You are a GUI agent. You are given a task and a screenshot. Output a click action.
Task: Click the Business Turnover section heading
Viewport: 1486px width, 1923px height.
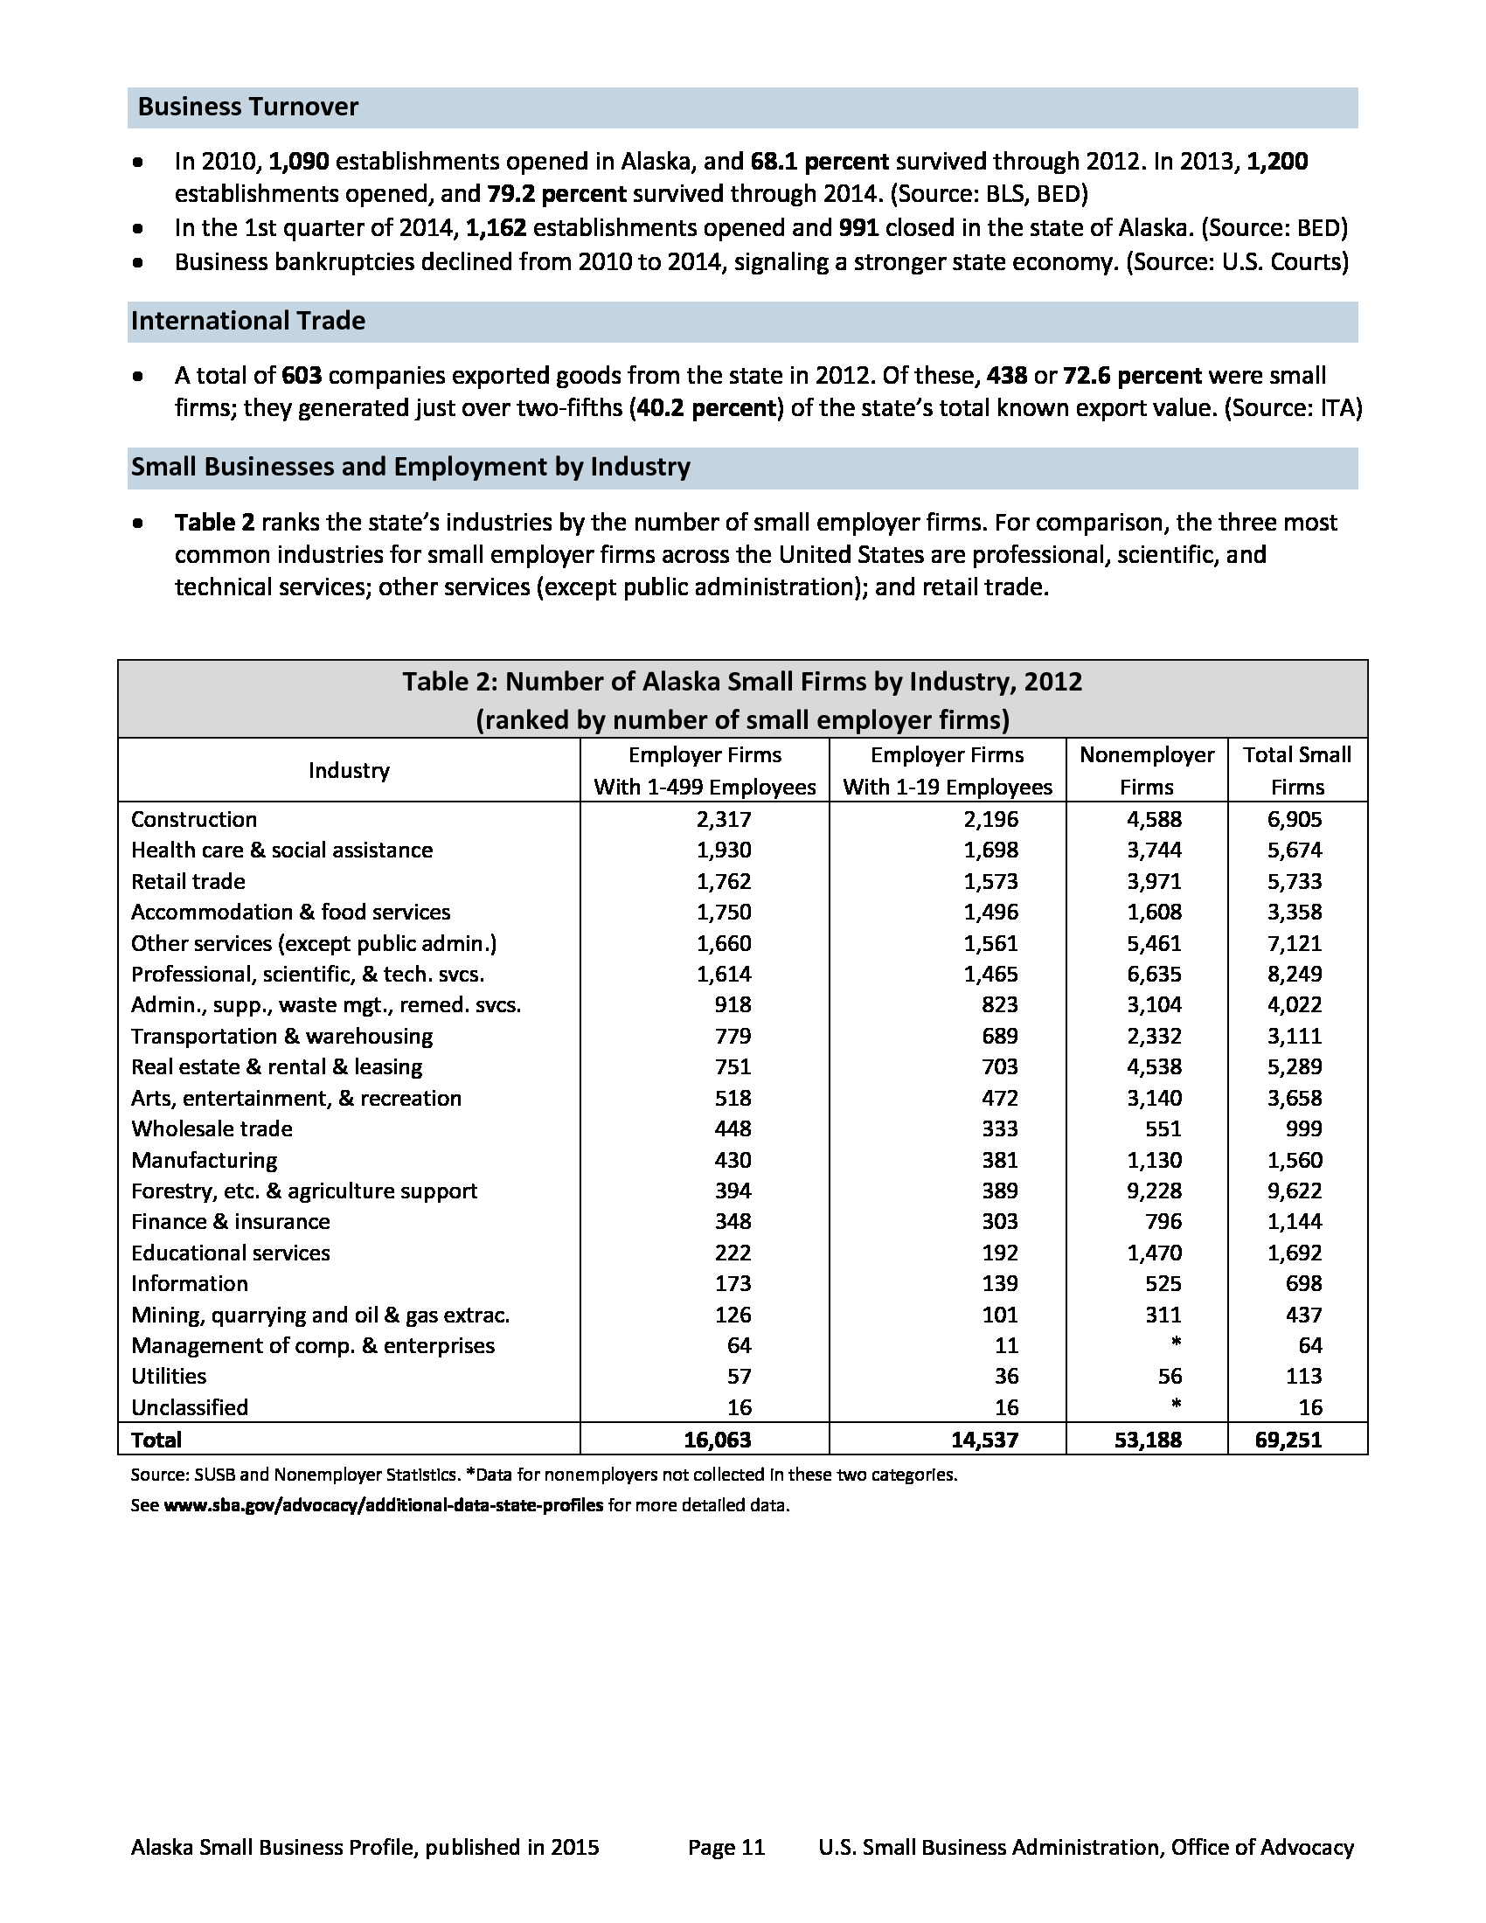248,108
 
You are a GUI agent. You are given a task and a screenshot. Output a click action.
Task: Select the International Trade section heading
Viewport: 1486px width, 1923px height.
248,322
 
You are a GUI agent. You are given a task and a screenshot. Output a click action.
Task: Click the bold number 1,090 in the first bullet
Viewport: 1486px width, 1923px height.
298,162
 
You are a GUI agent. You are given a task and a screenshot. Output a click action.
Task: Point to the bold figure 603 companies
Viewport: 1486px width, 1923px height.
301,376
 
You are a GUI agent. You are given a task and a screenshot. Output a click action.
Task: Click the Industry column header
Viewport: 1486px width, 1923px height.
349,770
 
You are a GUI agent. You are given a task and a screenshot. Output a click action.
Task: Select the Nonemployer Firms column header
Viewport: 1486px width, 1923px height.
1146,770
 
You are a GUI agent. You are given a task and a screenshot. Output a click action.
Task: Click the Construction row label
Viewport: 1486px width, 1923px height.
194,819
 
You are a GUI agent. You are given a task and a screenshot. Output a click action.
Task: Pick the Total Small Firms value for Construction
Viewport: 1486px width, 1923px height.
1294,819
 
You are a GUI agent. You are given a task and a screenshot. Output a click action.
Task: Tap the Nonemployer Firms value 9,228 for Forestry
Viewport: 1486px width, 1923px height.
1154,1191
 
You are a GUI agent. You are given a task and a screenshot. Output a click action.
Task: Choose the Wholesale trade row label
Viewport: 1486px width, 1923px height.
212,1128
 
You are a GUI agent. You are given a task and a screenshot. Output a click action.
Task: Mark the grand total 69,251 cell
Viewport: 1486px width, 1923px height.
1288,1440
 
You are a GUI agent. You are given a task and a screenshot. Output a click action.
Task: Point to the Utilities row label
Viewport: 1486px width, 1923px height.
168,1375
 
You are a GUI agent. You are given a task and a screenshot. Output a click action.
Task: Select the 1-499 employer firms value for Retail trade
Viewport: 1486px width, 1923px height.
724,881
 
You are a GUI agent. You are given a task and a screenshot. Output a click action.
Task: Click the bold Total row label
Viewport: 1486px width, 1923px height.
156,1440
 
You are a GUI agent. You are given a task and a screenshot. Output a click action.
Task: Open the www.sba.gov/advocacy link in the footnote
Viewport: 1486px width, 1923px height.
383,1505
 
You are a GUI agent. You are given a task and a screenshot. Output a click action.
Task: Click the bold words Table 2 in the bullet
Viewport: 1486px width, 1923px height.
214,523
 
